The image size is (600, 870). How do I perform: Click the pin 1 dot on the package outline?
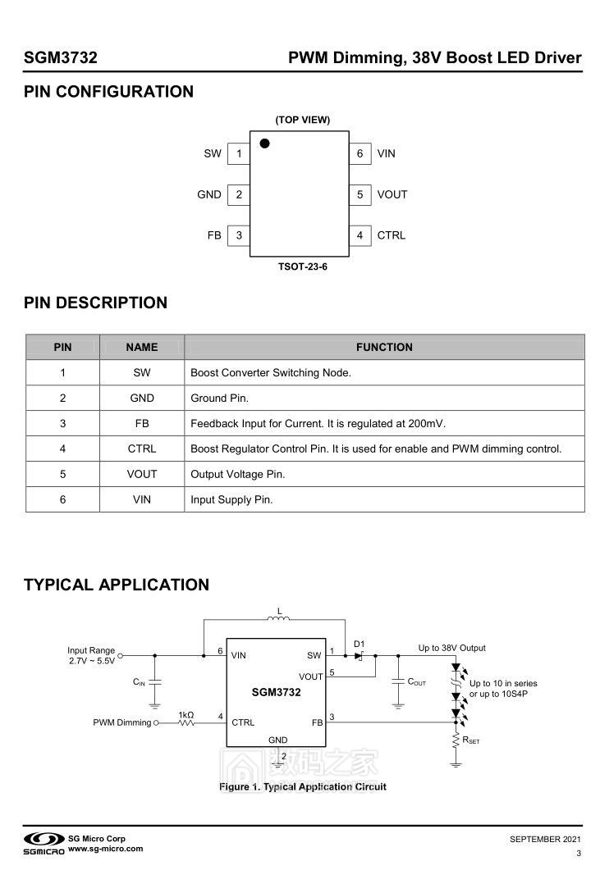[x=264, y=143]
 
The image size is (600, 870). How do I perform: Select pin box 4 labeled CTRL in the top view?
[x=360, y=235]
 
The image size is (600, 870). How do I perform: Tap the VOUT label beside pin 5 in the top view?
[x=392, y=194]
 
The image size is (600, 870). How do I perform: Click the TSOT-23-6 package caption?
[x=302, y=266]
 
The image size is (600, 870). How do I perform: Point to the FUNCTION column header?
[x=384, y=347]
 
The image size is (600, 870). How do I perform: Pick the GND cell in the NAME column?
[x=142, y=399]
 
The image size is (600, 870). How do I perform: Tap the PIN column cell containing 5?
[x=62, y=474]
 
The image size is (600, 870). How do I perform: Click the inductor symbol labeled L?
[x=279, y=620]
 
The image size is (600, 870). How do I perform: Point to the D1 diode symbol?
[x=360, y=656]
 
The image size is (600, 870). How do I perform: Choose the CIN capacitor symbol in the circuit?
[x=156, y=682]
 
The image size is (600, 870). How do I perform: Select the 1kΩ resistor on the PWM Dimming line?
[x=186, y=722]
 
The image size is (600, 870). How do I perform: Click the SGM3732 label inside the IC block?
[x=277, y=692]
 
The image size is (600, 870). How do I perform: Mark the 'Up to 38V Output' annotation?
[x=451, y=648]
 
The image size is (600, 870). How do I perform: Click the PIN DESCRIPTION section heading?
[x=95, y=303]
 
